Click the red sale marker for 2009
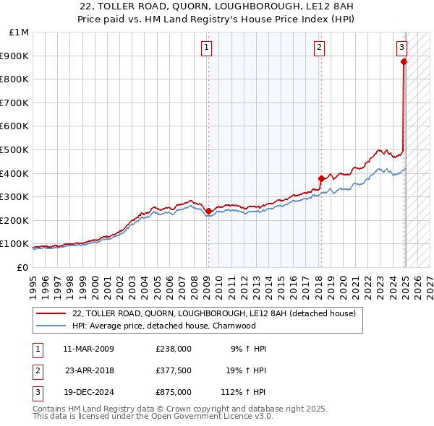pyautogui.click(x=208, y=212)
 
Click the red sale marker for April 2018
pyautogui.click(x=320, y=178)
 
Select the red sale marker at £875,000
pyautogui.click(x=404, y=62)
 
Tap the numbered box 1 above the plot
pyautogui.click(x=207, y=48)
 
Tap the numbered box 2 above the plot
pyautogui.click(x=319, y=48)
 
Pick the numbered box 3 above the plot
pyautogui.click(x=401, y=48)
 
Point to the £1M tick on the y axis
pyautogui.click(x=20, y=32)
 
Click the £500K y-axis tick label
pyautogui.click(x=15, y=150)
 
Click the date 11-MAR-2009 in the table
pyautogui.click(x=89, y=349)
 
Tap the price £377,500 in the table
pyautogui.click(x=174, y=370)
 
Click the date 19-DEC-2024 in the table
pyautogui.click(x=89, y=392)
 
